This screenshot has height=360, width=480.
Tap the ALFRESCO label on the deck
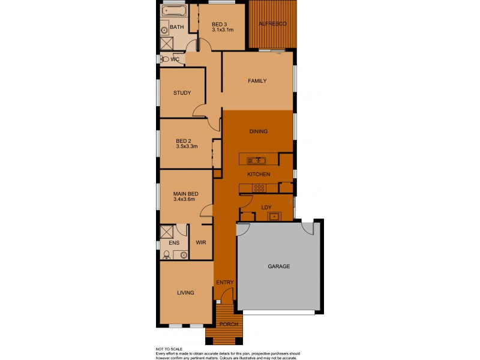point(272,23)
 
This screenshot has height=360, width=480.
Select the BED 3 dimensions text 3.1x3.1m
point(223,30)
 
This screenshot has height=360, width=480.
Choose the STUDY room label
point(182,93)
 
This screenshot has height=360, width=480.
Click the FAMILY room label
point(257,81)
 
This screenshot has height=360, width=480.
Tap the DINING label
point(258,131)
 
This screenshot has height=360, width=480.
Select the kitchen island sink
point(257,160)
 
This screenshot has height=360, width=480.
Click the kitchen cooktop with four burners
point(260,188)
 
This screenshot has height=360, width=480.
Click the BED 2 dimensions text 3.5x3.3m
point(187,146)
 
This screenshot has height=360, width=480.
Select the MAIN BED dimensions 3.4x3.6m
point(185,200)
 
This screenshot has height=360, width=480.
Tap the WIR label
point(201,243)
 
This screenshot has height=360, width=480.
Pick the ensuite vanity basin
point(183,255)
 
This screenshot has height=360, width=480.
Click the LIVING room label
point(185,293)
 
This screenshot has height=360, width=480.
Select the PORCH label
point(229,324)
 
